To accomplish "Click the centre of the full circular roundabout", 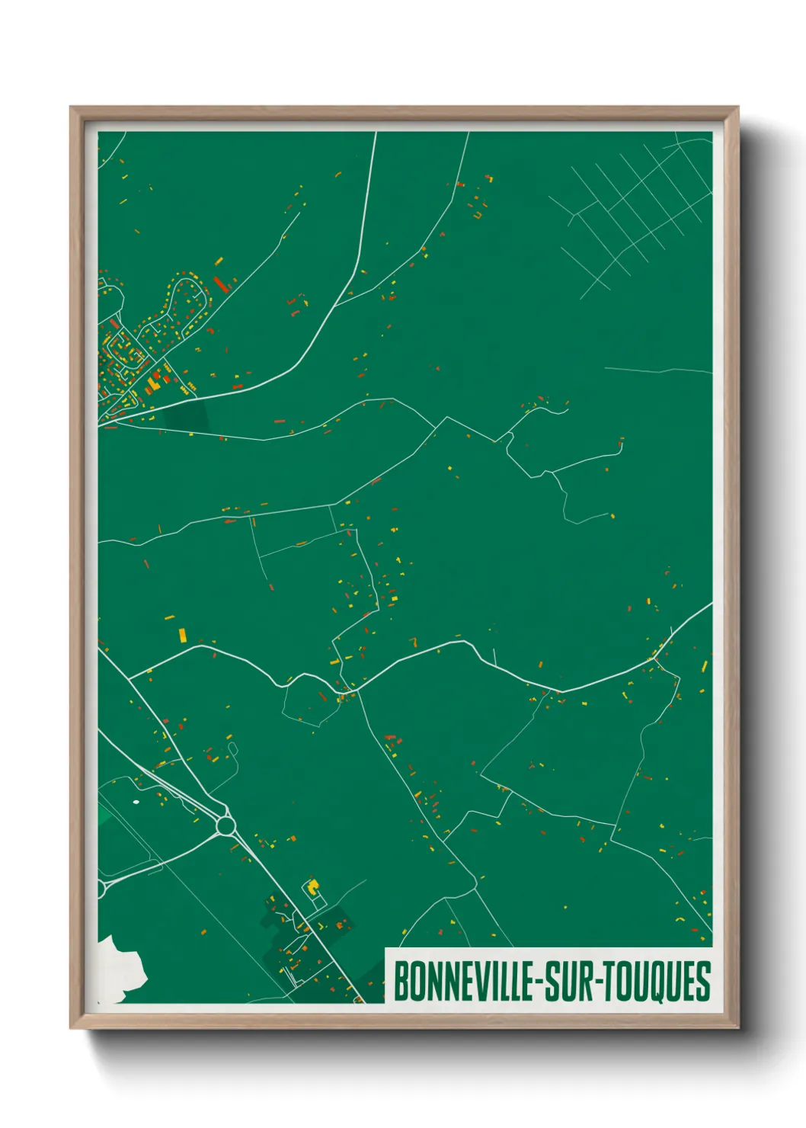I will point(225,825).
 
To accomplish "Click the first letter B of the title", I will point(400,982).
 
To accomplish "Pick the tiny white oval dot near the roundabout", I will point(136,801).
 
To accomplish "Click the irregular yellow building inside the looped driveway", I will point(312,888).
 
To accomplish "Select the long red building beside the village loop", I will point(221,284).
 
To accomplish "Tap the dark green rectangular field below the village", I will point(186,416).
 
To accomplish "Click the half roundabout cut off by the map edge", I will point(101,888).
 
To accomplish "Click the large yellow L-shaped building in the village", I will point(152,384).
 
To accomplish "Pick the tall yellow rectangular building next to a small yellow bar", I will point(182,635).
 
